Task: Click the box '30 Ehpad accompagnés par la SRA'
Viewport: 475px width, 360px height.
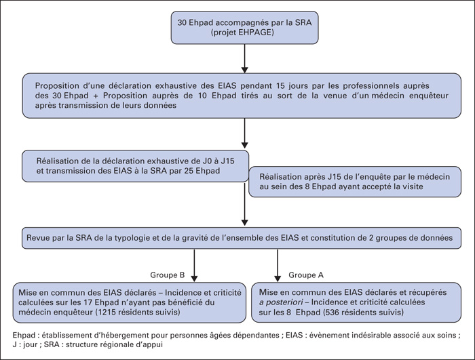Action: pyautogui.click(x=244, y=28)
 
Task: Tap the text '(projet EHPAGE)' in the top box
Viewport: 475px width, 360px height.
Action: pyautogui.click(x=242, y=33)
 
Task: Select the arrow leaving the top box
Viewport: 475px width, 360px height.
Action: pyautogui.click(x=244, y=58)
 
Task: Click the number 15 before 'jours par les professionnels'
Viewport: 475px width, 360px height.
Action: pyautogui.click(x=280, y=86)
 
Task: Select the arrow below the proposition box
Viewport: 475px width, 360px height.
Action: pyautogui.click(x=244, y=133)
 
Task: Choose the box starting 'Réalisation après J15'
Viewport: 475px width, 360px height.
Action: pyautogui.click(x=355, y=182)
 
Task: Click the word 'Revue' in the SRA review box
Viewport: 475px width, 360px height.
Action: pyautogui.click(x=37, y=238)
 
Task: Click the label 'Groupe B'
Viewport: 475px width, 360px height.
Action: pyautogui.click(x=167, y=275)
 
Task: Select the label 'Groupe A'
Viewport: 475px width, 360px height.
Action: pyautogui.click(x=306, y=275)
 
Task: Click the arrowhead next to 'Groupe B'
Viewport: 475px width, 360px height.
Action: pyautogui.click(x=194, y=278)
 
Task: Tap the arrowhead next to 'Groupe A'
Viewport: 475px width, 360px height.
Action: pyautogui.click(x=277, y=278)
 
